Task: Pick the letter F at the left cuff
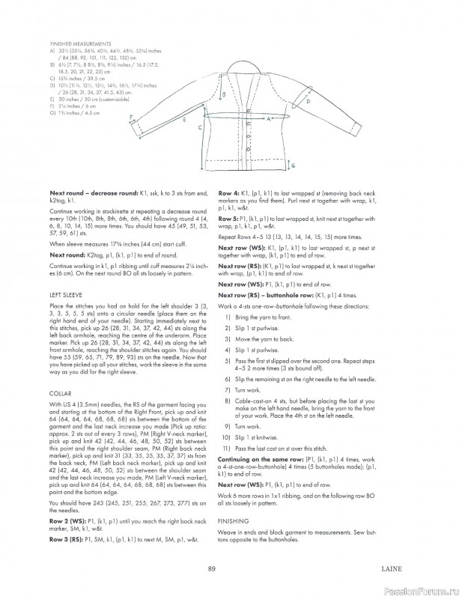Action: pyautogui.click(x=131, y=117)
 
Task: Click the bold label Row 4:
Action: pyautogui.click(x=228, y=193)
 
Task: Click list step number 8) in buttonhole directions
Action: pyautogui.click(x=226, y=403)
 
